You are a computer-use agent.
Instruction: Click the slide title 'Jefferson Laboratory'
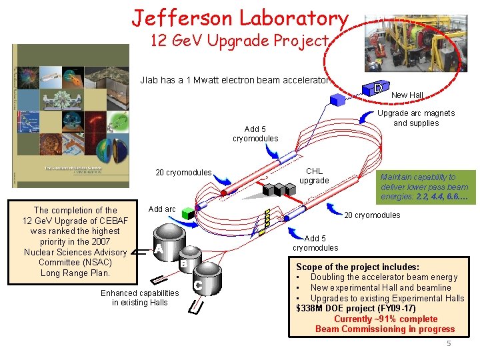coord(239,18)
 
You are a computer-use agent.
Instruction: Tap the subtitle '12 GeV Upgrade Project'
coord(239,41)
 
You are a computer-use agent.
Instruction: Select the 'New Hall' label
coord(407,95)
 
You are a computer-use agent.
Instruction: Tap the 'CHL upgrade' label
coord(314,176)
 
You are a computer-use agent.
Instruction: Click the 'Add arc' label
coord(162,209)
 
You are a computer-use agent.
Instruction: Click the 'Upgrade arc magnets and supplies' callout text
coord(416,118)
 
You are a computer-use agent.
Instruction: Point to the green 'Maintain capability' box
coord(424,187)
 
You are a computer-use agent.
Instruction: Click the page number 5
coord(449,343)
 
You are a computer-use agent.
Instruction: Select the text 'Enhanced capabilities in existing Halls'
coord(139,298)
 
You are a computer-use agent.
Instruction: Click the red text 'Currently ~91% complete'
coord(385,319)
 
